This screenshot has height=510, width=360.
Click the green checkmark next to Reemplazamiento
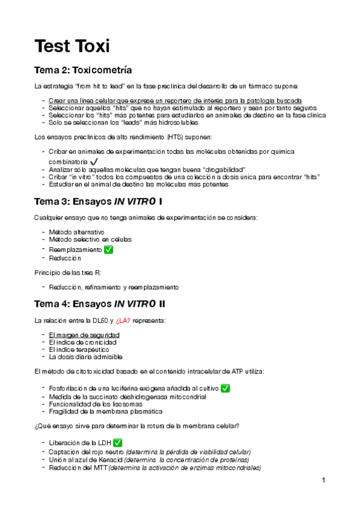coord(109,249)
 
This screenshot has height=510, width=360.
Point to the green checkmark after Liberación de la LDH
coord(118,443)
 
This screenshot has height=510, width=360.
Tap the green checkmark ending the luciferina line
coord(225,388)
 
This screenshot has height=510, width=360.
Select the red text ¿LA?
coord(140,320)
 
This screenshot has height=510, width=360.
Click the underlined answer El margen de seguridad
coord(84,334)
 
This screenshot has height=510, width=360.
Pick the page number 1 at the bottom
coord(323,480)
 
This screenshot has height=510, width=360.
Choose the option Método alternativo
coord(76,232)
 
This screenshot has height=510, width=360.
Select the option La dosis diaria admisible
coord(87,357)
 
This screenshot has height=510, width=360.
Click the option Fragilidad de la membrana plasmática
coord(105,411)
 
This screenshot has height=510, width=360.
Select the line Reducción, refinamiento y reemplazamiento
coord(114,287)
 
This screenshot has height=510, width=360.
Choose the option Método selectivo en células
coord(90,239)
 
